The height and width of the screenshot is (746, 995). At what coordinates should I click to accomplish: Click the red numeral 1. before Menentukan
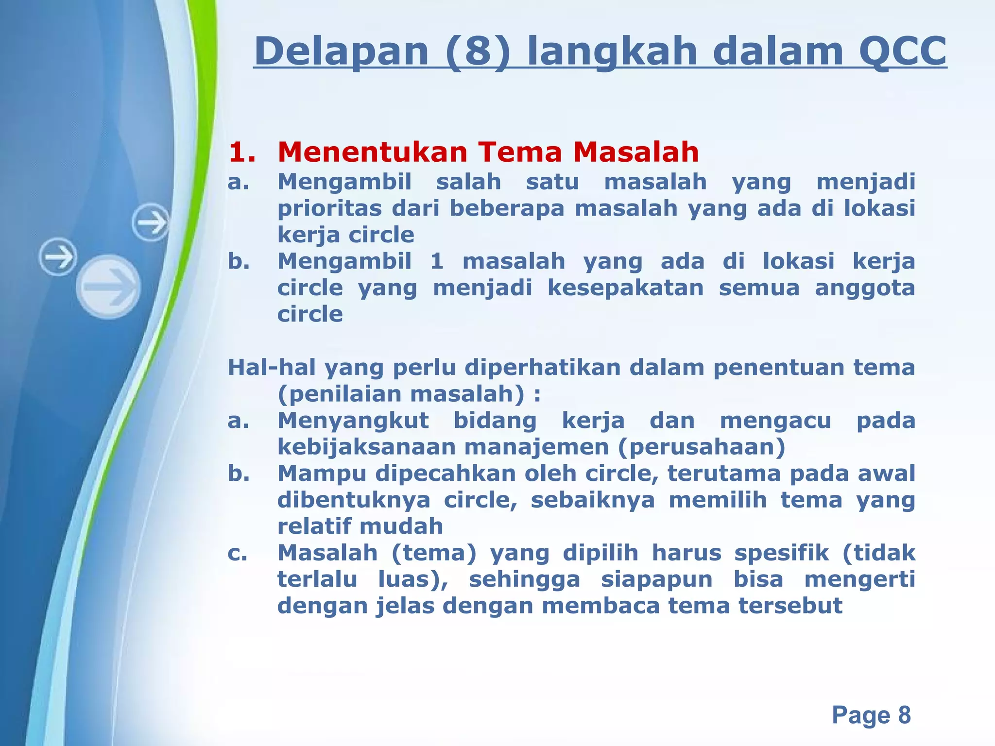(x=242, y=152)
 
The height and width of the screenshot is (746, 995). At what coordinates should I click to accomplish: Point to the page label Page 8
(x=871, y=715)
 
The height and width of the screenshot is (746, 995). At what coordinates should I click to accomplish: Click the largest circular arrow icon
(x=108, y=287)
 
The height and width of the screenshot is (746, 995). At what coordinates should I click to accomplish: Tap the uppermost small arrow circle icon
(x=151, y=223)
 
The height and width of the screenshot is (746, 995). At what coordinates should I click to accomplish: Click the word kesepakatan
(x=625, y=288)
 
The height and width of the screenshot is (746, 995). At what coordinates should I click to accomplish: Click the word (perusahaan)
(x=702, y=447)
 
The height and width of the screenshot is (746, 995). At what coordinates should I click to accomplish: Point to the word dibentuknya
(x=354, y=500)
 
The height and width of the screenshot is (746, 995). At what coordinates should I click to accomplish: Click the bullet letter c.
(x=237, y=553)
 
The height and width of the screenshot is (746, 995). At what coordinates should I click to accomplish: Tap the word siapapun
(x=656, y=579)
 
